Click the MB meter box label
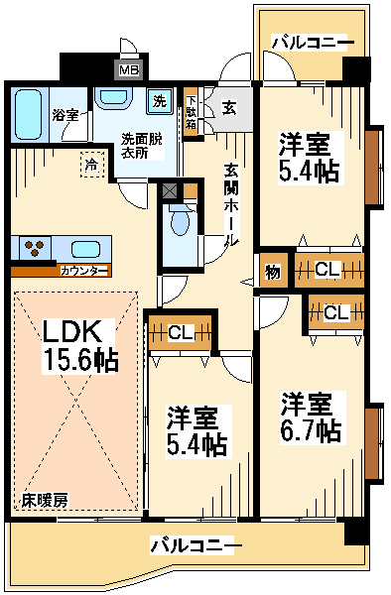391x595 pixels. click(129, 70)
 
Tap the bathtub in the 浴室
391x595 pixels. click(28, 114)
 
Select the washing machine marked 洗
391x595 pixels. click(160, 101)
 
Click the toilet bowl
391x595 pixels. click(180, 222)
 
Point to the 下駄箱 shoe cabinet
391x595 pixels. click(191, 112)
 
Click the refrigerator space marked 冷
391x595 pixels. click(92, 165)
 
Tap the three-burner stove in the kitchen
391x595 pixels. click(33, 247)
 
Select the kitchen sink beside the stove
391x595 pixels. click(85, 250)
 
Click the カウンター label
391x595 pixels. click(84, 271)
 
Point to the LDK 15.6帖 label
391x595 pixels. click(79, 346)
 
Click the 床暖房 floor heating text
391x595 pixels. click(45, 501)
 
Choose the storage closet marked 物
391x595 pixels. click(273, 272)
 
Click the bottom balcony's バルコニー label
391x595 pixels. click(195, 545)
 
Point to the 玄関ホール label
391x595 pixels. click(230, 205)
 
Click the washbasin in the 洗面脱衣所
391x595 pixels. click(113, 98)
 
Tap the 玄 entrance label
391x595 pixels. click(229, 108)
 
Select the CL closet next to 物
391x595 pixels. click(329, 270)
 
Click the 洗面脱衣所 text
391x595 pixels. click(141, 146)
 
